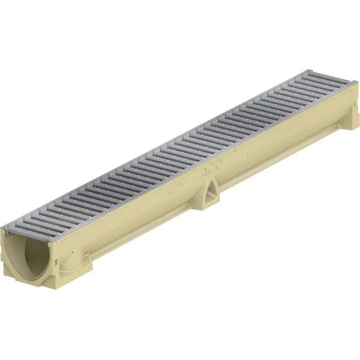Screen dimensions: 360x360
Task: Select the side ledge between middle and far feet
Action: pyautogui.click(x=277, y=163)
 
